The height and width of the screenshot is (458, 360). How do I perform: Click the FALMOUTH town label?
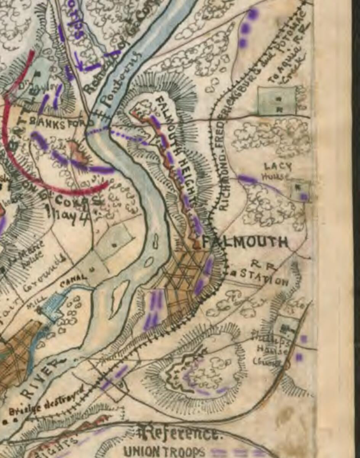click(245, 242)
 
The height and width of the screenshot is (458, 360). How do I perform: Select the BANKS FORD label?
click(61, 124)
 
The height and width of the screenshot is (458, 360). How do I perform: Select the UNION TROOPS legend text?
click(164, 452)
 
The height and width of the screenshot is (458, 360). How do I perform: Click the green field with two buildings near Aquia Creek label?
click(277, 100)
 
